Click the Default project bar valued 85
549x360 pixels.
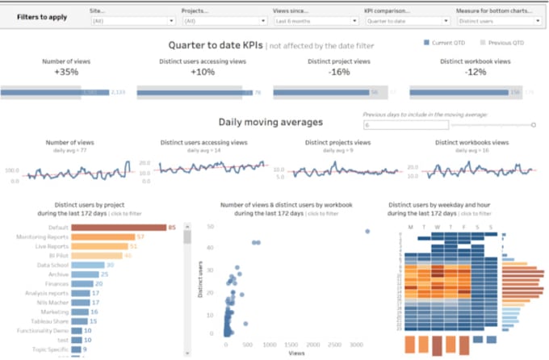pyautogui.click(x=118, y=228)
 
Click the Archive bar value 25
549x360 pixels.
pyautogui.click(x=105, y=274)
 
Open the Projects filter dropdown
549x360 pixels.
pyautogui.click(x=217, y=21)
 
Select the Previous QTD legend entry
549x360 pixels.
pyautogui.click(x=505, y=42)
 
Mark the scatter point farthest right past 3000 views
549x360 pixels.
pyautogui.click(x=367, y=231)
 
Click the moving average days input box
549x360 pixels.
pyautogui.click(x=403, y=125)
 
